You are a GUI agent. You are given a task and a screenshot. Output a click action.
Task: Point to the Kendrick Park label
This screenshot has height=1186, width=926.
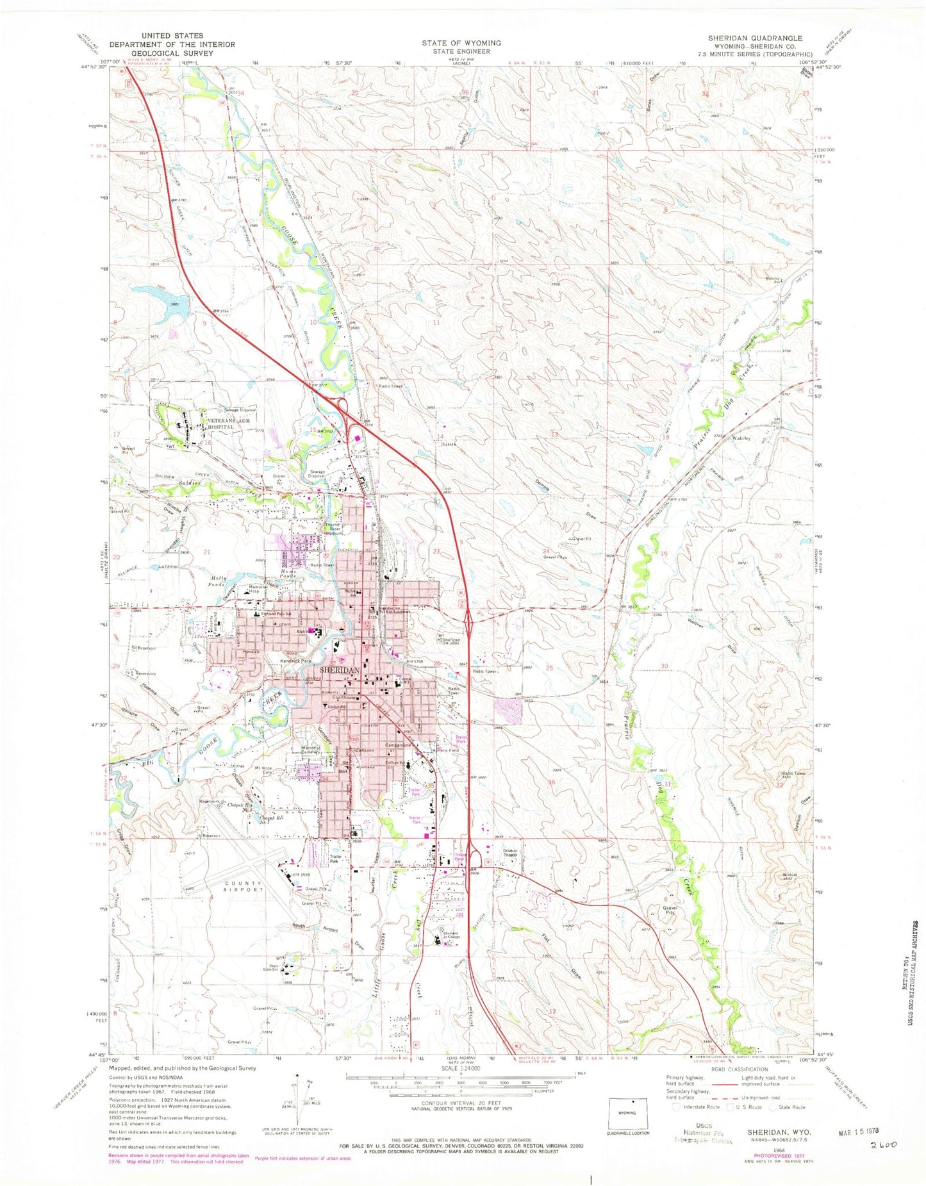pos(294,661)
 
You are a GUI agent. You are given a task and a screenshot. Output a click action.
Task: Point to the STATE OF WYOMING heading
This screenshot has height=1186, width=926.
pos(461,43)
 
